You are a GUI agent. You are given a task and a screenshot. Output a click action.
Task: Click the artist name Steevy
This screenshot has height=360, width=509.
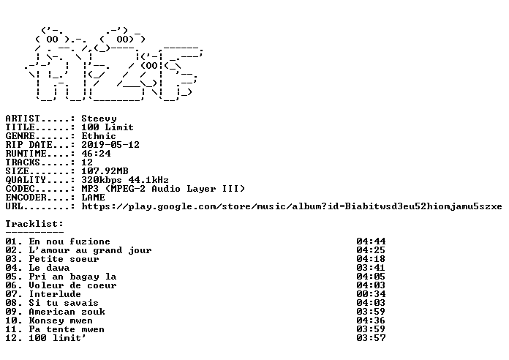(x=99, y=119)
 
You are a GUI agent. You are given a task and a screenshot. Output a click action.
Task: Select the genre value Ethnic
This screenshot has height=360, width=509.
(x=99, y=136)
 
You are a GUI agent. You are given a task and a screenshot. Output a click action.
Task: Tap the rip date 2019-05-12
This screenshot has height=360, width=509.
(x=110, y=145)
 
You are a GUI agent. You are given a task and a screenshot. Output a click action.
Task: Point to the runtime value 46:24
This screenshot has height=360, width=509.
(x=96, y=154)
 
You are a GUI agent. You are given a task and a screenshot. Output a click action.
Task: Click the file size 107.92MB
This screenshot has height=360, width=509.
(x=105, y=171)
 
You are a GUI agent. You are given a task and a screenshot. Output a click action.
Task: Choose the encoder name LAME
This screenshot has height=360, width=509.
(x=93, y=198)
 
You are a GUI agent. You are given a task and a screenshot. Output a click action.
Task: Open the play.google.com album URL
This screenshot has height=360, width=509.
(x=292, y=206)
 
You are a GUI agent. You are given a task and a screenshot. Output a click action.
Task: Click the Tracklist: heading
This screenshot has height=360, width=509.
(x=34, y=224)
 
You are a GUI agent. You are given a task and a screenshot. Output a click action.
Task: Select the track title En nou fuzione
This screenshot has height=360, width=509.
(x=69, y=241)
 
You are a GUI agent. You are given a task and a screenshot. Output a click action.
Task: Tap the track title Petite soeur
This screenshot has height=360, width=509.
(x=64, y=259)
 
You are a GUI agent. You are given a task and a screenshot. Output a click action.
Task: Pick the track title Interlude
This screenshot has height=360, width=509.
(x=55, y=294)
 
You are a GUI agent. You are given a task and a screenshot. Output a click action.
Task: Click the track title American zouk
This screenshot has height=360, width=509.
(x=67, y=312)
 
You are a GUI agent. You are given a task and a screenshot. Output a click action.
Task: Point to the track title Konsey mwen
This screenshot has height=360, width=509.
(x=61, y=320)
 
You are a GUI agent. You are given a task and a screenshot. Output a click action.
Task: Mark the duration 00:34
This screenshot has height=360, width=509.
(x=371, y=294)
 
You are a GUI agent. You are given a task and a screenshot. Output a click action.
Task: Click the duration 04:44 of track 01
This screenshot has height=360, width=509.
(x=371, y=241)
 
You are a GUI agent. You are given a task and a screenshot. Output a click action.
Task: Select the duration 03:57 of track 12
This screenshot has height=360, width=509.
(x=371, y=338)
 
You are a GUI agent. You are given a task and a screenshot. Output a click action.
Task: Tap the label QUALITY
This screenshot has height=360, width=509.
(x=26, y=180)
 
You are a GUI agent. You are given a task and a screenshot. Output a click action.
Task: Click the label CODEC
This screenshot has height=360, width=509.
(x=20, y=189)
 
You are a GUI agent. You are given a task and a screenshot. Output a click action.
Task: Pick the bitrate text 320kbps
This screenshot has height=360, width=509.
(x=102, y=180)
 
